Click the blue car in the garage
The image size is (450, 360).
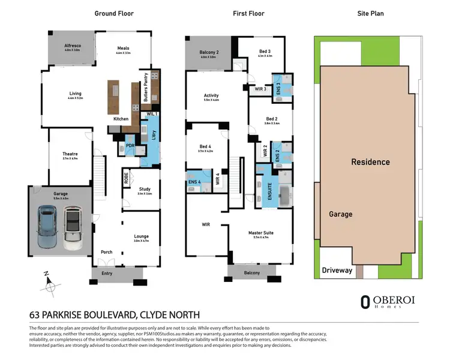point(48,227)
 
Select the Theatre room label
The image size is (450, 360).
point(70,154)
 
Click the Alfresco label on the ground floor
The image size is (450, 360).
point(73,46)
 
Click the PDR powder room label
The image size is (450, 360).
point(130,146)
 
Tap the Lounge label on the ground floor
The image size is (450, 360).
point(142,236)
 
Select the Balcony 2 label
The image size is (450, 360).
point(209,52)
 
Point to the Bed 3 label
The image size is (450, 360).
point(265,51)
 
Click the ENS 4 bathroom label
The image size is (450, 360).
point(194,181)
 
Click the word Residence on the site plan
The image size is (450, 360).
point(370,162)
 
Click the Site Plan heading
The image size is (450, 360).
point(370,13)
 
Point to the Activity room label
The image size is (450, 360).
point(211,95)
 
